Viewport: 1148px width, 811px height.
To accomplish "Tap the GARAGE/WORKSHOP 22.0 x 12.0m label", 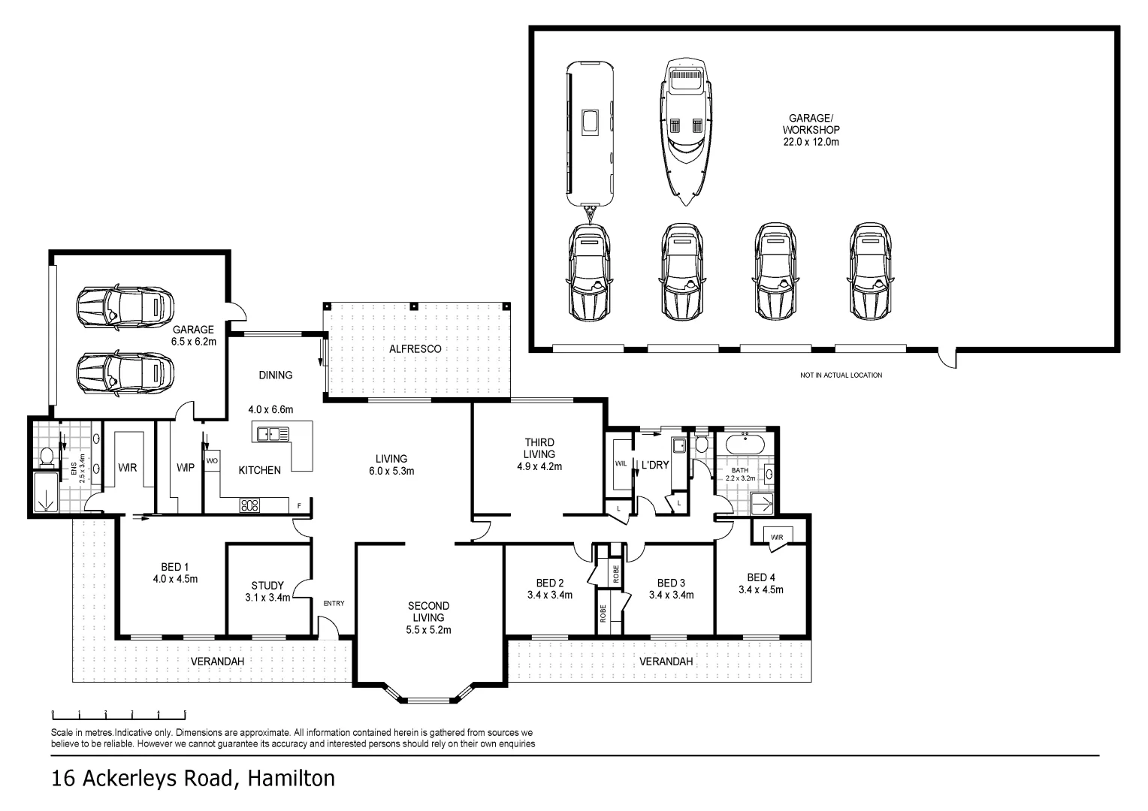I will tap(810, 130).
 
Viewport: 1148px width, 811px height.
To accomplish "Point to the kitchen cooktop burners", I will tap(249, 505).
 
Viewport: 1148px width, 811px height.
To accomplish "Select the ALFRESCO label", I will tap(415, 349).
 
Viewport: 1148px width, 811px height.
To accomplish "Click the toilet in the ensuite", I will tap(47, 455).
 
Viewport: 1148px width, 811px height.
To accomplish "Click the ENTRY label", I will tap(334, 603).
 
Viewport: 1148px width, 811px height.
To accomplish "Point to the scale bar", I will tap(119, 714).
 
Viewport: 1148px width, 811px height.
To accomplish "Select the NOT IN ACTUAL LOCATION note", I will tap(841, 375).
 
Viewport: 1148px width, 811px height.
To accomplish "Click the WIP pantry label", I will tap(185, 468).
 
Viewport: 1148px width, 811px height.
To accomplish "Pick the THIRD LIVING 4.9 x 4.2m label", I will tap(539, 454).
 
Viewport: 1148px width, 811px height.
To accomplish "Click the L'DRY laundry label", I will tap(654, 465).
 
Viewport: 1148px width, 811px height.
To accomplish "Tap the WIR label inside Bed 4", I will tap(776, 537).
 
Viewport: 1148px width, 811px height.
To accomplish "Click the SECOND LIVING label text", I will tap(428, 611).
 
